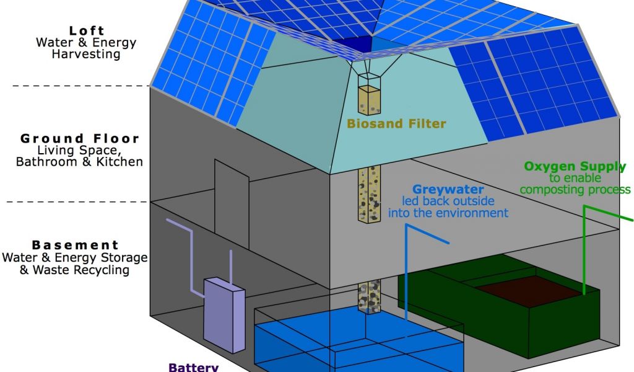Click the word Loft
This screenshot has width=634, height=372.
pos(87,30)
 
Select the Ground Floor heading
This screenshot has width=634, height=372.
pos(80,138)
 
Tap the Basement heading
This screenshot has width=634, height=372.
pos(75,245)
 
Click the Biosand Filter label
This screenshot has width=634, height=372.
pos(396,123)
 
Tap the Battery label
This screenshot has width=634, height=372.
pos(193,367)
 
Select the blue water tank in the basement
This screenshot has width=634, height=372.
pos(359,341)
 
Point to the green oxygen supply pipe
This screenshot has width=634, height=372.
pos(584,248)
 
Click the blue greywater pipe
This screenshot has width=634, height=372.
pos(406,273)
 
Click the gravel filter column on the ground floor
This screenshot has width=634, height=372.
pos(370,193)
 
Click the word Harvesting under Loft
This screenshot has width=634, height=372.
pos(87,54)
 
